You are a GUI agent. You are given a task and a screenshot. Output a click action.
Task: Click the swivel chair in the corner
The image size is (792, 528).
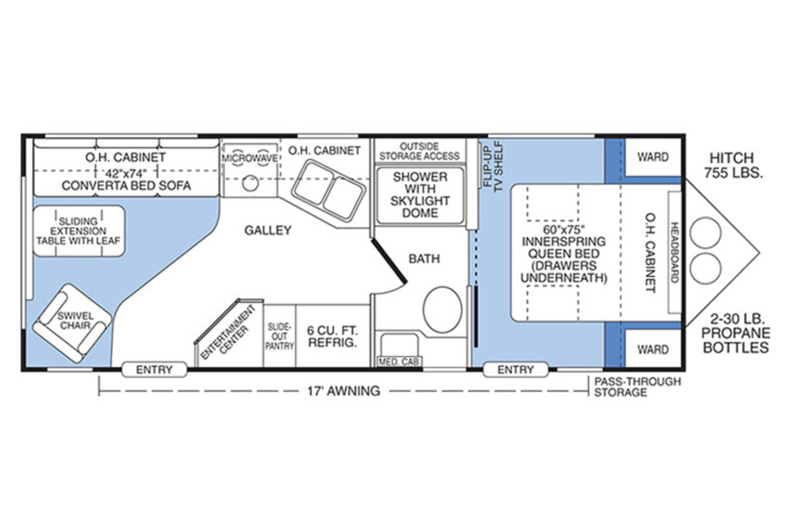[x=72, y=323]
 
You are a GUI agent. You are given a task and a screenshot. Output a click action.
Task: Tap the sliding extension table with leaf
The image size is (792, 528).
[x=79, y=231]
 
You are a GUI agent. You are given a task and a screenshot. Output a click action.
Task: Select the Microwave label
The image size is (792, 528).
[x=250, y=158]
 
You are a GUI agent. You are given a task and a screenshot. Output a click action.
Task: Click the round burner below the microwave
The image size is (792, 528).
[x=250, y=183]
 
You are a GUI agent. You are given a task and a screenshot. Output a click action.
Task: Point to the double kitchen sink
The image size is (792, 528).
[x=329, y=190]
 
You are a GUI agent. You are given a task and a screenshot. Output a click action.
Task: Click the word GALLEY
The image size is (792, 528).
[x=268, y=230]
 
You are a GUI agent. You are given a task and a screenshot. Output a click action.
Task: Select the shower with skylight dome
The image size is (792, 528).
[x=420, y=195]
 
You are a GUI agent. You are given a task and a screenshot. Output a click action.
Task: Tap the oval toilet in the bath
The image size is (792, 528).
[x=442, y=309]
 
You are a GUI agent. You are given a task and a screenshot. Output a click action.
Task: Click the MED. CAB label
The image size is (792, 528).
[x=399, y=362]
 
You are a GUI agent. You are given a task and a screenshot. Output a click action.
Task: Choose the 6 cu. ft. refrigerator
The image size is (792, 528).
[x=333, y=336]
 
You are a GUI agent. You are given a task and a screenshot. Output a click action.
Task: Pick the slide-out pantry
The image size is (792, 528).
[x=279, y=336]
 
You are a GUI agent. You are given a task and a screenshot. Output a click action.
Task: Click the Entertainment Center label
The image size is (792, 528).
[x=229, y=332]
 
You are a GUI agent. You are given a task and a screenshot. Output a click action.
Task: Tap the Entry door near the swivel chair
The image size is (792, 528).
[x=154, y=370]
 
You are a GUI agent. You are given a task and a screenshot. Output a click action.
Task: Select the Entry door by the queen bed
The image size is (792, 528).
[x=515, y=370]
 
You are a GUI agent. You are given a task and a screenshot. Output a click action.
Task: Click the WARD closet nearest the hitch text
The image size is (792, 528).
[x=653, y=156]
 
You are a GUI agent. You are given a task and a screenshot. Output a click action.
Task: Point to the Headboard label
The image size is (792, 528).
[x=675, y=252]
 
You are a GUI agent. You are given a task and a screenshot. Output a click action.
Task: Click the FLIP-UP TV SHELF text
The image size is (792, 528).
[x=493, y=166]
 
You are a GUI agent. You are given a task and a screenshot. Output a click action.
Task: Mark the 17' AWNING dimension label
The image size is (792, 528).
[x=344, y=391]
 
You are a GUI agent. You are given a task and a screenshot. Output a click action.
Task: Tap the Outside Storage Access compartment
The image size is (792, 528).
[x=420, y=150]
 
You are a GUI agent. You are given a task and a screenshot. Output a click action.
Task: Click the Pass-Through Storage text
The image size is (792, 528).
[x=638, y=387]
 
